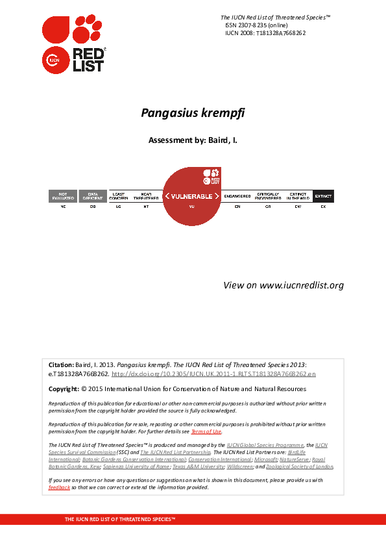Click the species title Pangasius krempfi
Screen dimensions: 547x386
tap(193, 112)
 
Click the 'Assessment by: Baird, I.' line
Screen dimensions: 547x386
tap(193, 140)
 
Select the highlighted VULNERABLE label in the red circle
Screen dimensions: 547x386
tap(192, 196)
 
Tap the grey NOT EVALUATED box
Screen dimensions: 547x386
tap(63, 196)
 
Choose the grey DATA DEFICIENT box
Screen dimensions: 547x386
tap(93, 196)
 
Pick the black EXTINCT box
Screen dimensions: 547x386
tap(323, 196)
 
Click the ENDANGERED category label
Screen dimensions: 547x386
tap(237, 196)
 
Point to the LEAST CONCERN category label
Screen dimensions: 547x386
tap(119, 196)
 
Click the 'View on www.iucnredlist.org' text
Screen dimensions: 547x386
tap(283, 285)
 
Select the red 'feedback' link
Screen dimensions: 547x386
tap(59, 487)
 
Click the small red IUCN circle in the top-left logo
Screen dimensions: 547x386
tap(52, 61)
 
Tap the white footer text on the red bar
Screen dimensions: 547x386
tap(120, 520)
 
